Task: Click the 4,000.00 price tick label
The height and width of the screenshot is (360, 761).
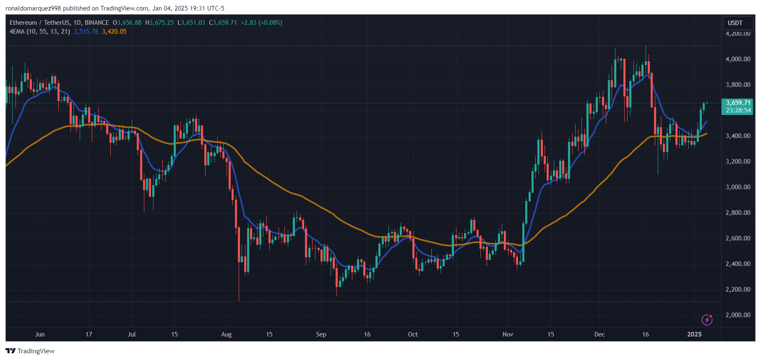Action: pyautogui.click(x=738, y=59)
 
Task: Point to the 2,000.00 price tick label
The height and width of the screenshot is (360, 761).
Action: pyautogui.click(x=738, y=315)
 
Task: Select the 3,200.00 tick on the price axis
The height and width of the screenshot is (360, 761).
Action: pyautogui.click(x=738, y=162)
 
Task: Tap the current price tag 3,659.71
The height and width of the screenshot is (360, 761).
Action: pyautogui.click(x=738, y=103)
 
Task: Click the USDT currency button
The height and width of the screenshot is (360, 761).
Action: pyautogui.click(x=735, y=23)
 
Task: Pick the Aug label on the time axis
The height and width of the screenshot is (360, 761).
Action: pyautogui.click(x=226, y=334)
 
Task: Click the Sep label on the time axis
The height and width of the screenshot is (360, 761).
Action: pyautogui.click(x=321, y=334)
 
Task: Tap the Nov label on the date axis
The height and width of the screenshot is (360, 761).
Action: pyautogui.click(x=508, y=334)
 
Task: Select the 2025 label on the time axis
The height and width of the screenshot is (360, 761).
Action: pyautogui.click(x=694, y=334)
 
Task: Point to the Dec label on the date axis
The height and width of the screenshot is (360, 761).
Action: pyautogui.click(x=599, y=334)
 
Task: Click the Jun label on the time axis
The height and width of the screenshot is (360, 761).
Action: pyautogui.click(x=40, y=334)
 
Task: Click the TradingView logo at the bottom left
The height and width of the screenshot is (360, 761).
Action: pyautogui.click(x=30, y=351)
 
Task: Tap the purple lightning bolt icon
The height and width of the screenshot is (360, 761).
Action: pyautogui.click(x=707, y=320)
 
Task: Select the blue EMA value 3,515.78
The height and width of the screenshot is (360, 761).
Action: pyautogui.click(x=86, y=31)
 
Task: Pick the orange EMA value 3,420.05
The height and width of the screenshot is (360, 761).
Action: pyautogui.click(x=114, y=31)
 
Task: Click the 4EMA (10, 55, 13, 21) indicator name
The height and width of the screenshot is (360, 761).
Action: pyautogui.click(x=40, y=31)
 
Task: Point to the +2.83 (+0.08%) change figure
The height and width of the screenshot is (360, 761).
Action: pyautogui.click(x=261, y=23)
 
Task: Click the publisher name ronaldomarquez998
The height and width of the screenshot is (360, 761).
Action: pyautogui.click(x=33, y=8)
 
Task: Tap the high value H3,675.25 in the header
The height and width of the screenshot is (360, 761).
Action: pyautogui.click(x=159, y=23)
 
